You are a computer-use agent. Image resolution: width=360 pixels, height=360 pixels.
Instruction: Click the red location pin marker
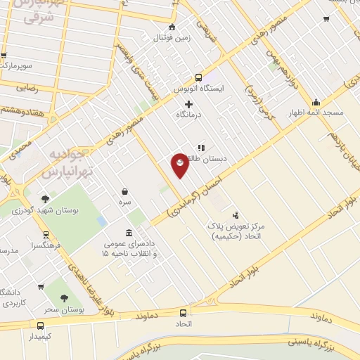click(180, 165)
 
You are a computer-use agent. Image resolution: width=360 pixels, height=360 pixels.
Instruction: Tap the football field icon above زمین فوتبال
click(172, 27)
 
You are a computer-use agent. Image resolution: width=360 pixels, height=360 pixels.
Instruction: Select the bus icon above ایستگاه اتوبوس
click(198, 78)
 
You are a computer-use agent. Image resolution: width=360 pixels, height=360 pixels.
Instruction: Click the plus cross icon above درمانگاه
click(188, 104)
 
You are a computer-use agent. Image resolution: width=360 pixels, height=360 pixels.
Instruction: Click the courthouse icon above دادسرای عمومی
click(128, 233)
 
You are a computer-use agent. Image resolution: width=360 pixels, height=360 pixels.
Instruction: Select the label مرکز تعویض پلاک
click(236, 227)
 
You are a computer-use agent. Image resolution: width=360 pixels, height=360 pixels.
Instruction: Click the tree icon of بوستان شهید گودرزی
click(46, 198)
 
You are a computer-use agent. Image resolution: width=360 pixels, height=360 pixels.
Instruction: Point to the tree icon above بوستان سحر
click(65, 298)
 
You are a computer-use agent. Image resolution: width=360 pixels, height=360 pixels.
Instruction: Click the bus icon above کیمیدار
click(40, 326)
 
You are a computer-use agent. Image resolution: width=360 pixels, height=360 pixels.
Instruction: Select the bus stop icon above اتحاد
click(183, 312)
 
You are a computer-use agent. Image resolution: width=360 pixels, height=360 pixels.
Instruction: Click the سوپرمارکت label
click(18, 65)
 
